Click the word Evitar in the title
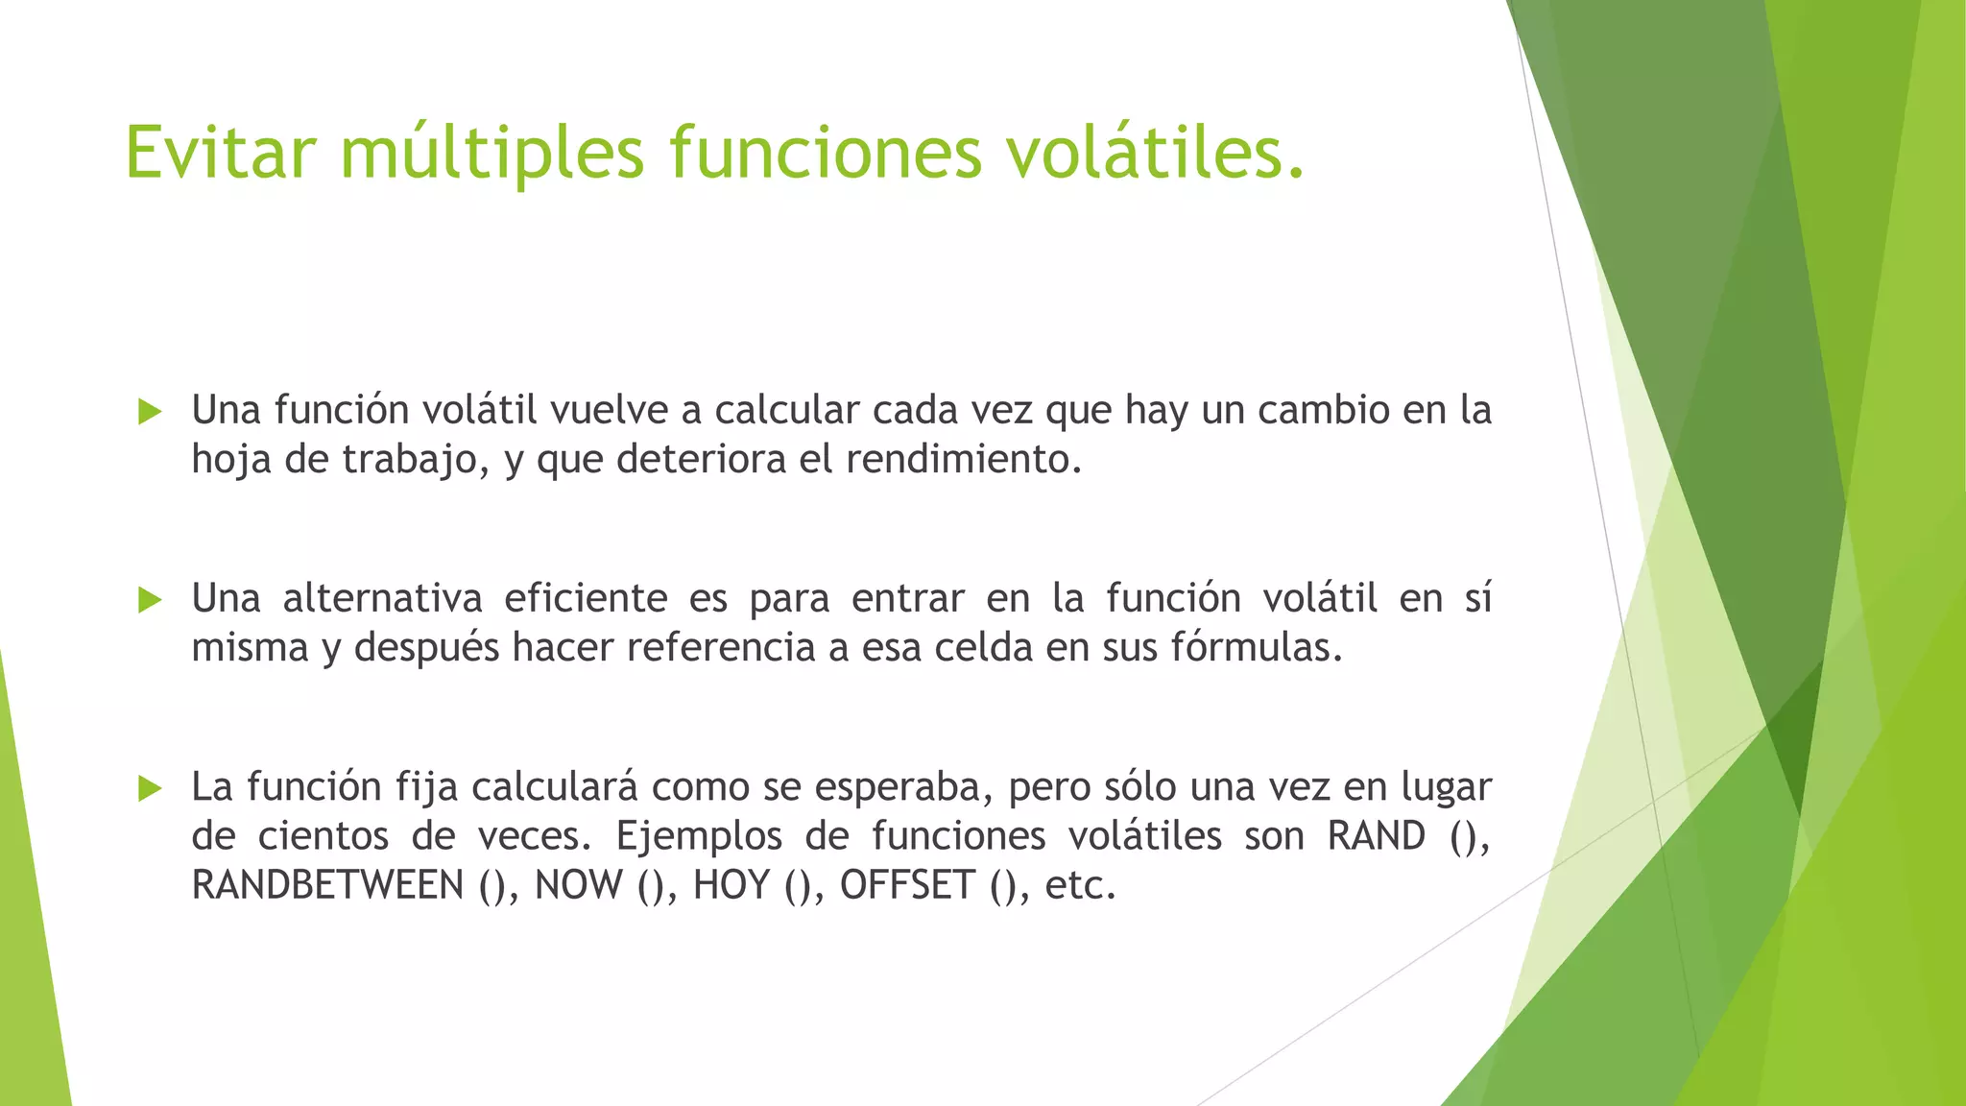220,152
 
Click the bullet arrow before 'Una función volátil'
150,412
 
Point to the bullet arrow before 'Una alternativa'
150,600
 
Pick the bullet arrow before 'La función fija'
150,788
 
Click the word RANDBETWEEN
327,884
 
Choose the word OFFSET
907,884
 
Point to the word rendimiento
963,459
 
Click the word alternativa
382,598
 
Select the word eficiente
586,598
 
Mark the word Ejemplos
699,835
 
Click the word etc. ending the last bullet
1080,884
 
